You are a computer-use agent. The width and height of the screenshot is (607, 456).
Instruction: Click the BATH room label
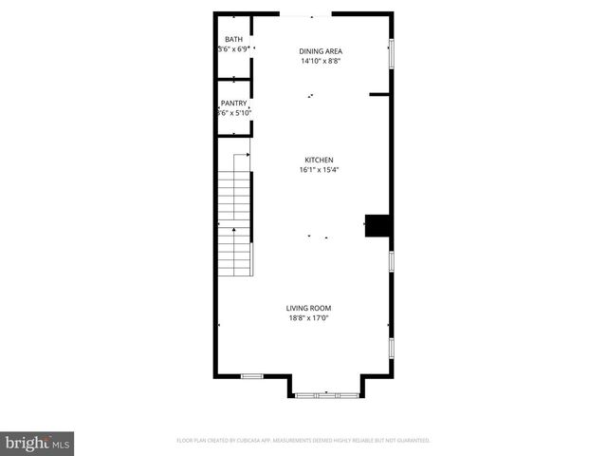[233, 40]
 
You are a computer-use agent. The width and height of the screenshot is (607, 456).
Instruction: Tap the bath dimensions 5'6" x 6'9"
[233, 49]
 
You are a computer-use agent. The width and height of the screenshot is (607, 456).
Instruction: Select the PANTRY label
[234, 103]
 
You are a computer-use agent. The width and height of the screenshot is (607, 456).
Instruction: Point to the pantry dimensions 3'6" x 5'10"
[234, 113]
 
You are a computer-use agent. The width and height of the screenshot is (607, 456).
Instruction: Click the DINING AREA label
[321, 51]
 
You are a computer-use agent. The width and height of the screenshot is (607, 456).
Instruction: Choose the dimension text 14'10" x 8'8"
[321, 61]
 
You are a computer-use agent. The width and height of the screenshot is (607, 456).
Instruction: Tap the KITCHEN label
[319, 160]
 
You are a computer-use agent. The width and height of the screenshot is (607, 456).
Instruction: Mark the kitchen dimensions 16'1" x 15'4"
[319, 170]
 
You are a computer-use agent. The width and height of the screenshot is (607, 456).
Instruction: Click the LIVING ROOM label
[309, 308]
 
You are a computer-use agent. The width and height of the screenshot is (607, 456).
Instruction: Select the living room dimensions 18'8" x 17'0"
[309, 318]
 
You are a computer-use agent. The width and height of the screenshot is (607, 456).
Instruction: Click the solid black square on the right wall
[378, 225]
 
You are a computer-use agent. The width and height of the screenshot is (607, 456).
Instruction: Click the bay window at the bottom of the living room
[325, 393]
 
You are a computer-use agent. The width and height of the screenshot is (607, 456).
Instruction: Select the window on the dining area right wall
[390, 53]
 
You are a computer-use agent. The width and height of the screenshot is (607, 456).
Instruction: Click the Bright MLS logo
[38, 443]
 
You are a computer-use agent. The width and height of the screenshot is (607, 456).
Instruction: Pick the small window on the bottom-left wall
[251, 376]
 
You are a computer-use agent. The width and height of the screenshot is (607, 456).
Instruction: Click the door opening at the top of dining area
[306, 14]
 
